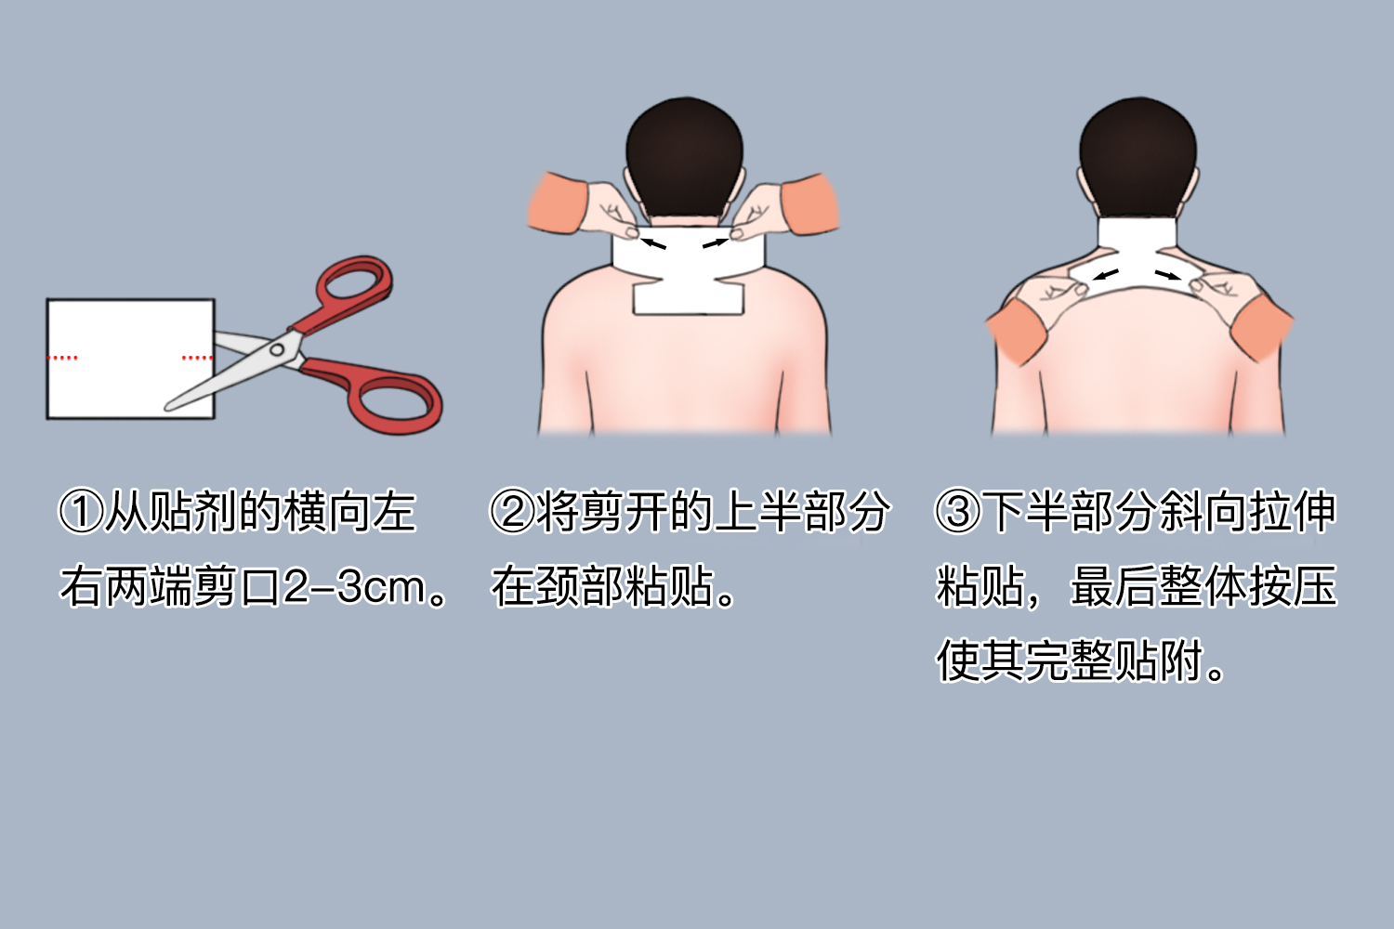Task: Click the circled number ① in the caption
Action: (81, 512)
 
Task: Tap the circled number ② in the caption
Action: (511, 512)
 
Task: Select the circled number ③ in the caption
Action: (957, 512)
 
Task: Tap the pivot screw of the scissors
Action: (277, 350)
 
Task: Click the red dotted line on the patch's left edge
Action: (63, 358)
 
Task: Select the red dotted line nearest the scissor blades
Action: (196, 358)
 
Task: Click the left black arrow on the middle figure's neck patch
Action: (654, 243)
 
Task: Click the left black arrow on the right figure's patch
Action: (1105, 275)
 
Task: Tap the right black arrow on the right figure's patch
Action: (1167, 275)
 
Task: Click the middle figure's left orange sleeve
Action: (557, 203)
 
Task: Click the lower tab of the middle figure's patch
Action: (689, 299)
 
